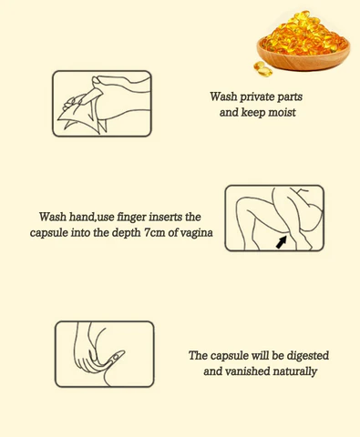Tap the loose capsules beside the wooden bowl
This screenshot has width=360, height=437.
click(262, 69)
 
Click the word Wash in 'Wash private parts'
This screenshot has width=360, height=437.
click(223, 97)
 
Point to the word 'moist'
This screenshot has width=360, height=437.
click(282, 113)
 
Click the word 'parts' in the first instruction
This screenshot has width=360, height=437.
click(291, 97)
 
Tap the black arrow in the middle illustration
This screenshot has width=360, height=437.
click(282, 242)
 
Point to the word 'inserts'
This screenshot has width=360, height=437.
click(166, 217)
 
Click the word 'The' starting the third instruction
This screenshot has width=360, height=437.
click(198, 355)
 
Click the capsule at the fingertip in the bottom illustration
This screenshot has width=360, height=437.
click(116, 356)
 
